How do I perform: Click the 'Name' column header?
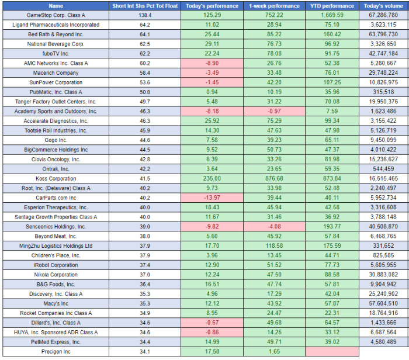click(x=56, y=6)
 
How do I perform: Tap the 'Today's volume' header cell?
click(x=383, y=6)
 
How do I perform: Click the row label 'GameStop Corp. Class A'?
click(x=56, y=15)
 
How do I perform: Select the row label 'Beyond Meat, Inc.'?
click(x=56, y=236)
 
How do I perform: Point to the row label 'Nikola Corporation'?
click(x=56, y=275)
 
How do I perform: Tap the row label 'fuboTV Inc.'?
click(x=56, y=53)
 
